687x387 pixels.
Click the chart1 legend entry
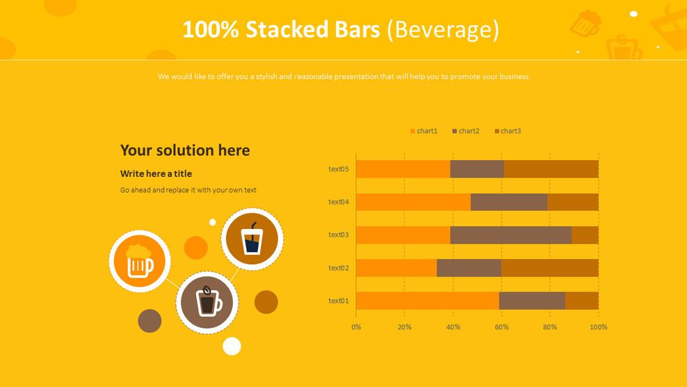click(423, 131)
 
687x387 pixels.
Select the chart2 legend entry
click(466, 131)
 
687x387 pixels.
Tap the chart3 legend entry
click(508, 131)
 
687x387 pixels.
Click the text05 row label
click(339, 169)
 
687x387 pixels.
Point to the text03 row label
click(339, 235)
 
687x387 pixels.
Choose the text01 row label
click(339, 301)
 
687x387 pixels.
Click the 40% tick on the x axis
click(453, 327)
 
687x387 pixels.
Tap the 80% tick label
click(550, 327)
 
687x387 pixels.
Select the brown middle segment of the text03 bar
click(511, 235)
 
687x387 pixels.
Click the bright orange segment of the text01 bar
click(428, 301)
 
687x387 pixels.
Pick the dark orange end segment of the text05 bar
click(551, 169)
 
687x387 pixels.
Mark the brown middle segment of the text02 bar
click(469, 268)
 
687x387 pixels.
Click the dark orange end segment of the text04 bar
click(573, 202)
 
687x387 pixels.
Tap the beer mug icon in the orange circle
click(139, 262)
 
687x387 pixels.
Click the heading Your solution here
click(185, 150)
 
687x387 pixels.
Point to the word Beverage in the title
click(443, 29)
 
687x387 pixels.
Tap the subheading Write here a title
click(156, 174)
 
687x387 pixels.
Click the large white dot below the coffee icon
click(232, 346)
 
